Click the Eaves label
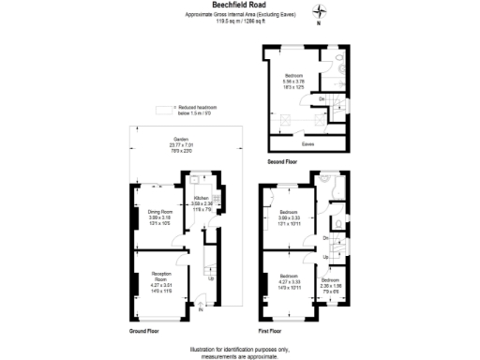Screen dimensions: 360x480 [x=307, y=144]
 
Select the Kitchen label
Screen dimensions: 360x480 [x=203, y=201]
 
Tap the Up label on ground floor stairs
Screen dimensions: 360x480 [x=210, y=277]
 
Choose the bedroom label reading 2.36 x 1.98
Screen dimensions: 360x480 [x=331, y=284]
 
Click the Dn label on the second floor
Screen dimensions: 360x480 [x=322, y=98]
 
